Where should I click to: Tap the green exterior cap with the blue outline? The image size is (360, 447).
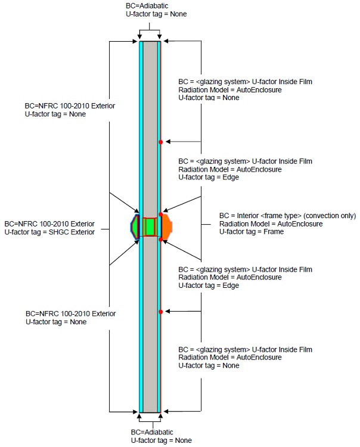point(135,227)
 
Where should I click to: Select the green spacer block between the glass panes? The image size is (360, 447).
point(150,227)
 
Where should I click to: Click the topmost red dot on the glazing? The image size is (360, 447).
point(161,142)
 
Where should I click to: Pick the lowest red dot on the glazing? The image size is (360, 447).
point(161,312)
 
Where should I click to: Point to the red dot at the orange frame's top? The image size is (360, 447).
point(161,214)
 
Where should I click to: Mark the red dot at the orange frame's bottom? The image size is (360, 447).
point(161,240)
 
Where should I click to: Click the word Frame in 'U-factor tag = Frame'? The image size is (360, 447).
point(272,232)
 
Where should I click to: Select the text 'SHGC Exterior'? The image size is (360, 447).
point(72,232)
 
